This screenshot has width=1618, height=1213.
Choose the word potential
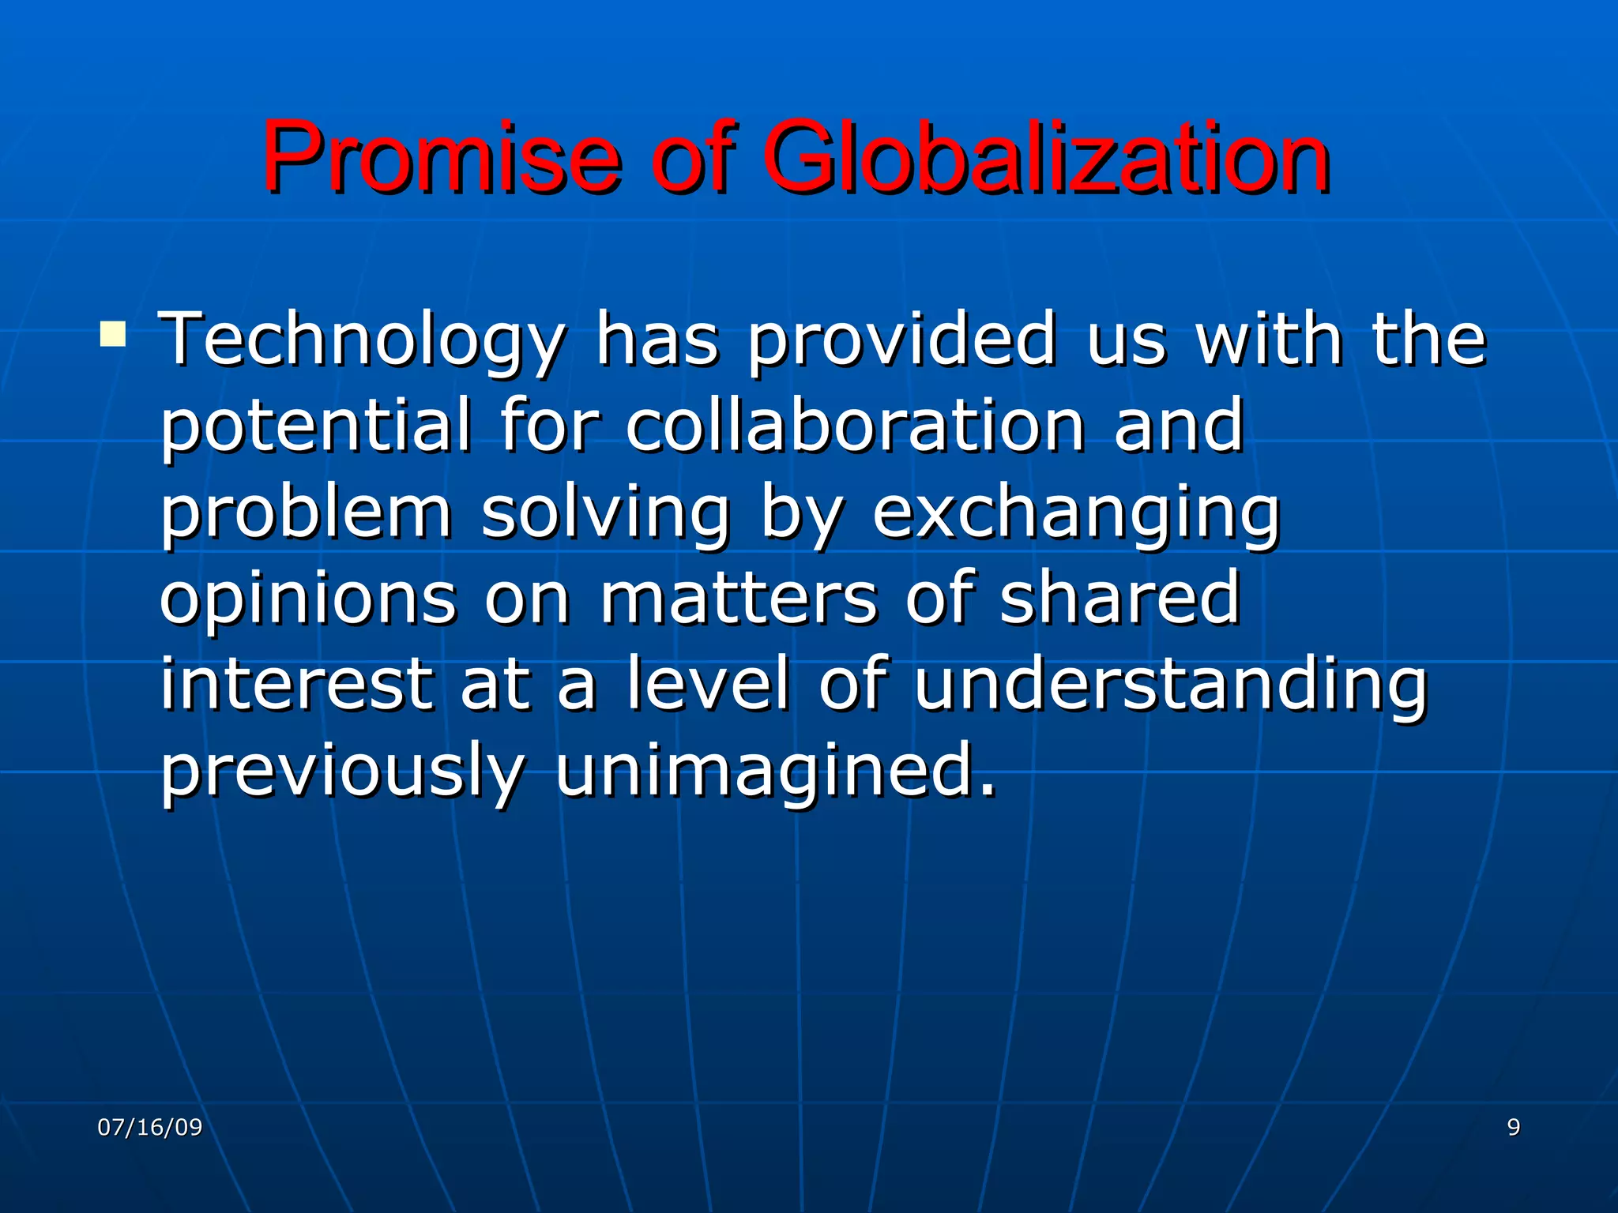(316, 426)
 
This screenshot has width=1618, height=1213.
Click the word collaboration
(856, 426)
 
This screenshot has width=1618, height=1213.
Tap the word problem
(307, 513)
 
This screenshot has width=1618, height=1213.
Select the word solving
(605, 513)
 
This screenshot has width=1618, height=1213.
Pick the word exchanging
(1075, 513)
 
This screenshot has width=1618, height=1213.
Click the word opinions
(308, 600)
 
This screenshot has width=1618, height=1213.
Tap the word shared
(1119, 599)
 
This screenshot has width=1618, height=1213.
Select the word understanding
(1171, 685)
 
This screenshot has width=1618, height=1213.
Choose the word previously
(342, 772)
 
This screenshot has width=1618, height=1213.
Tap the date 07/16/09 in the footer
(149, 1127)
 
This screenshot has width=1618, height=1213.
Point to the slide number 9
(1514, 1127)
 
